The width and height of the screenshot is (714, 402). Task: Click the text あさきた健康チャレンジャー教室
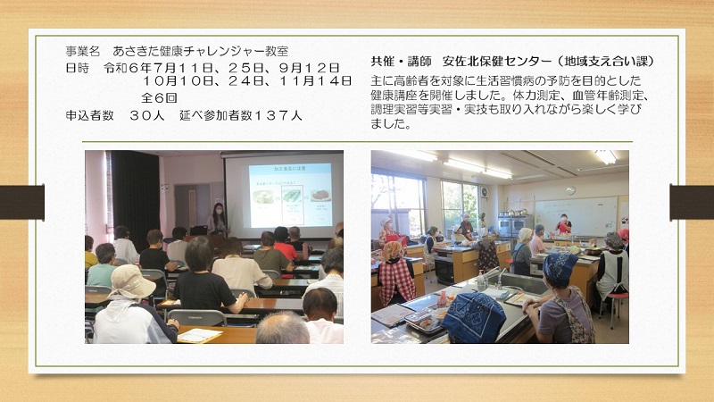click(x=200, y=51)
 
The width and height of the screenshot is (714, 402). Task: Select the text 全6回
click(x=159, y=98)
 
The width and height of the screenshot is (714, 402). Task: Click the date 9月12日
click(x=309, y=68)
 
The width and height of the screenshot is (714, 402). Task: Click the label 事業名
click(x=82, y=51)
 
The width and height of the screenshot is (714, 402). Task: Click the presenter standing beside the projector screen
click(x=218, y=219)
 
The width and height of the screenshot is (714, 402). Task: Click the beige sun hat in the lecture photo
click(x=130, y=282)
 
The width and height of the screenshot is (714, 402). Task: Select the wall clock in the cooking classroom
click(x=570, y=190)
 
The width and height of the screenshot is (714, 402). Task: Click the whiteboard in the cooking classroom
click(x=576, y=216)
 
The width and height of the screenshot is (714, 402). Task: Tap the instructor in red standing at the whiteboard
click(x=564, y=224)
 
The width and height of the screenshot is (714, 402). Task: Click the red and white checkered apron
click(x=397, y=281)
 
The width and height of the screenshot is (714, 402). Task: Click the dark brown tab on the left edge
click(x=21, y=203)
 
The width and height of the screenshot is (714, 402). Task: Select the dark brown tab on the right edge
click(x=692, y=203)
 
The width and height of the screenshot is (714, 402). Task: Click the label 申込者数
click(x=90, y=115)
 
